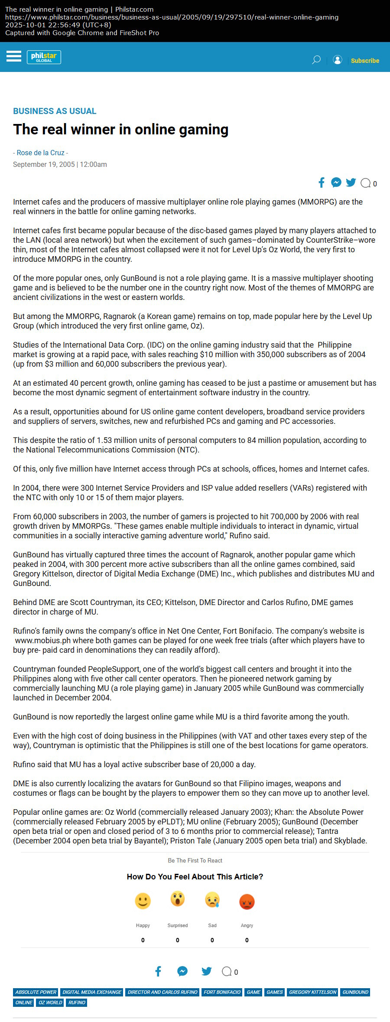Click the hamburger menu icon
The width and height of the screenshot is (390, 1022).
point(14,56)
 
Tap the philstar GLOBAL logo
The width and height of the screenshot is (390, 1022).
point(44,57)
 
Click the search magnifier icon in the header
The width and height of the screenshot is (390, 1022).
point(316,60)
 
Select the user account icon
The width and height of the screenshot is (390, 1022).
point(337,60)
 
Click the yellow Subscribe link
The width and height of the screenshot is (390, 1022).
point(365,61)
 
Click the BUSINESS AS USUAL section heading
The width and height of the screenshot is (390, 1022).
point(55,111)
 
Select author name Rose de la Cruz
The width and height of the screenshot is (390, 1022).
point(40,153)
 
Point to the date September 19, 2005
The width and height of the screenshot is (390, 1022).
point(44,164)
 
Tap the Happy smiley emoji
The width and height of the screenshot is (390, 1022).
point(143,901)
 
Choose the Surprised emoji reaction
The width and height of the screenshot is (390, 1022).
point(178,899)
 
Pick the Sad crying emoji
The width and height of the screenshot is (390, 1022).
point(212,900)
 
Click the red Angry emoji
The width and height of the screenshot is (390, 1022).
point(247,902)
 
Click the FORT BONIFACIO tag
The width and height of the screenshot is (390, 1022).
point(222,992)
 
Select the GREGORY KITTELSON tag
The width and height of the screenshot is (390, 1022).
point(312,992)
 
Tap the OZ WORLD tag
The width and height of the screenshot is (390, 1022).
point(50,1002)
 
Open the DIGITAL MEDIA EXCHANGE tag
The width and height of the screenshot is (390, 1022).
point(92,992)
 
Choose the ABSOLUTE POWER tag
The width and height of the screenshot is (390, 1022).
point(36,992)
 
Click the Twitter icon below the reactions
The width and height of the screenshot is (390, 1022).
point(206,971)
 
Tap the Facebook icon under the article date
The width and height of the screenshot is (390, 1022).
point(322,182)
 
